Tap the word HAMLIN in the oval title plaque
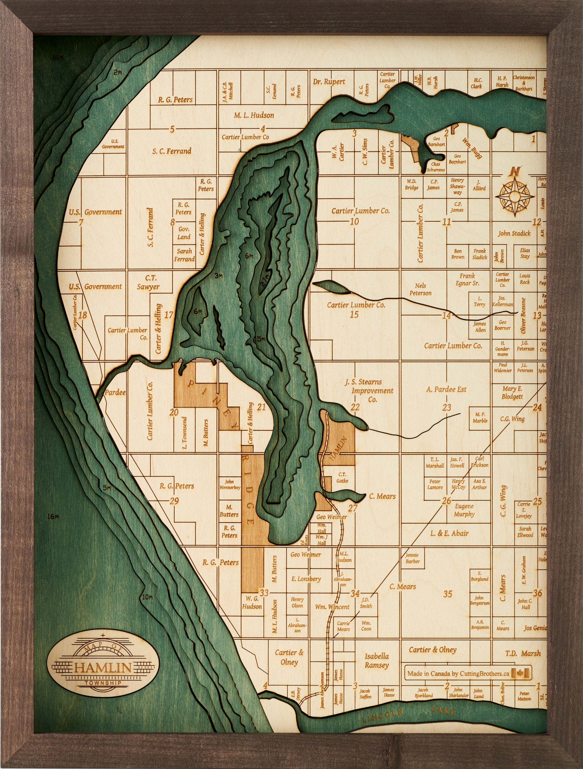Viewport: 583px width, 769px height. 103,667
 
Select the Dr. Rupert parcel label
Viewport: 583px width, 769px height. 329,82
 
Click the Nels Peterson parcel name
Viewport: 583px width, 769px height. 420,289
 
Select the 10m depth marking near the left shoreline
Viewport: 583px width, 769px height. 147,597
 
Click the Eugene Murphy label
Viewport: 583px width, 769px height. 464,510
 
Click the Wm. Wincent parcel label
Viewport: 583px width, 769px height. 332,607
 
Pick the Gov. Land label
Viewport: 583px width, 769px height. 184,233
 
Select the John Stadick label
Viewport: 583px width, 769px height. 514,233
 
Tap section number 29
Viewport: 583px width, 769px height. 174,501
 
